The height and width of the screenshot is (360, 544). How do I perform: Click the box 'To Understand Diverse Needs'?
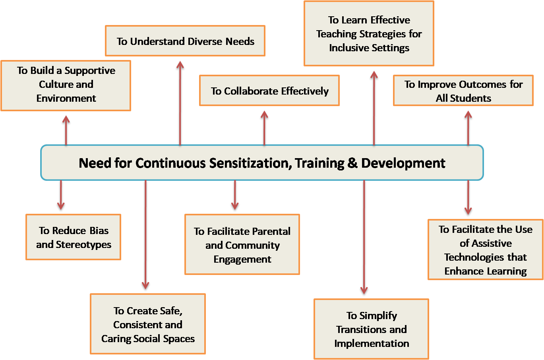[185, 41]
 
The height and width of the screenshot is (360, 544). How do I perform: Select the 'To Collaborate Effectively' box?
[269, 90]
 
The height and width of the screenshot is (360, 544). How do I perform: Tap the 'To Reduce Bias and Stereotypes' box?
[74, 237]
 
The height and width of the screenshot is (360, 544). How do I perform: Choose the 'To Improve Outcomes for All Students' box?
[463, 90]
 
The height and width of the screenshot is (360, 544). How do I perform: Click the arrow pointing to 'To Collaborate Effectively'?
[264, 128]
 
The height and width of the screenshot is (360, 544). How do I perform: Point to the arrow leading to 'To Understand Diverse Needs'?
[180, 103]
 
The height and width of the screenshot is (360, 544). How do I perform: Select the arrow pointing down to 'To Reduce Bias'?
[61, 195]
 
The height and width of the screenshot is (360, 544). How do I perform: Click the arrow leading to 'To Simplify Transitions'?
[364, 237]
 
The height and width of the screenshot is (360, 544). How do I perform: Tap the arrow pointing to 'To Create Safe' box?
[145, 235]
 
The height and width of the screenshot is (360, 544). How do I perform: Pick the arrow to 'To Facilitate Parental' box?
[235, 195]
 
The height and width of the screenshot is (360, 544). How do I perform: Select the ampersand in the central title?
[352, 163]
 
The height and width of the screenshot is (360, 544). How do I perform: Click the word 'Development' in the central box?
[403, 163]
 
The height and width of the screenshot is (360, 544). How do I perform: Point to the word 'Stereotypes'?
[83, 244]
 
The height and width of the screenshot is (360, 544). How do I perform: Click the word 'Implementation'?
[372, 344]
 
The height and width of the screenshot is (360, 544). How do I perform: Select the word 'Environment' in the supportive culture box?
[66, 99]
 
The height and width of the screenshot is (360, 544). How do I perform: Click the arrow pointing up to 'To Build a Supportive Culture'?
[66, 130]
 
